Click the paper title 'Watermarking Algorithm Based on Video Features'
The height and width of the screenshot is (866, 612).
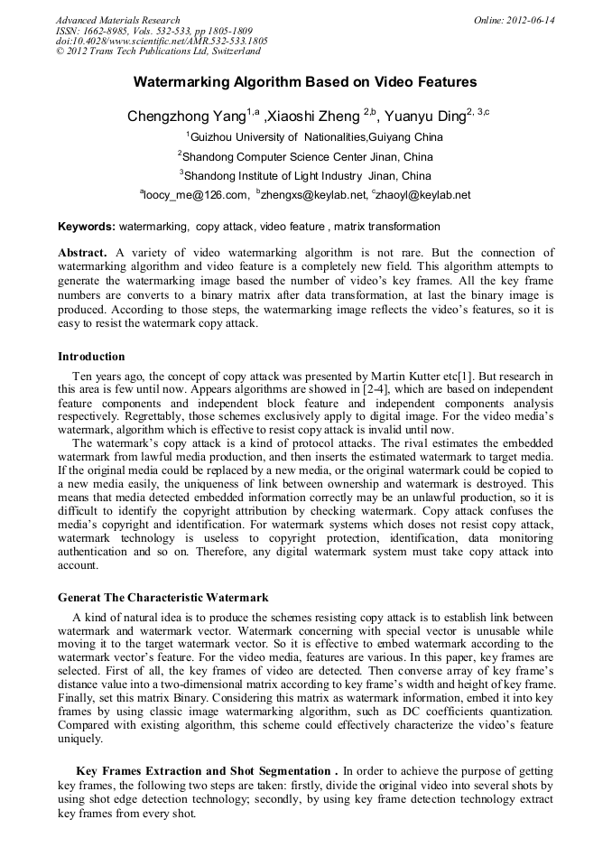click(305, 82)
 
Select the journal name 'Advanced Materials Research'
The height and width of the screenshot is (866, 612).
click(117, 20)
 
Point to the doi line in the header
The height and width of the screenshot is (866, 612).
click(162, 42)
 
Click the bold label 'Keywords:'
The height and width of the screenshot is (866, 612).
click(86, 227)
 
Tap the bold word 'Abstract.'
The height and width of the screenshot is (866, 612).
click(82, 253)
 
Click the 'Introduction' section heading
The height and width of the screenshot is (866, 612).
click(91, 357)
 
